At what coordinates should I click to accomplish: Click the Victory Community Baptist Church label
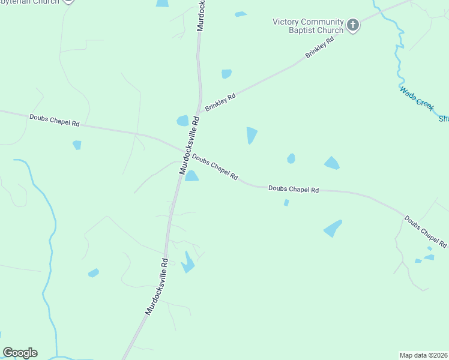307,26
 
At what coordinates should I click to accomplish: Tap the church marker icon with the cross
353,26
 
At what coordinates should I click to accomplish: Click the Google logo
20,352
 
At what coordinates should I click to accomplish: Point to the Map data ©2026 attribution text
423,355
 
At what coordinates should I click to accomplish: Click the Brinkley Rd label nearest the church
319,46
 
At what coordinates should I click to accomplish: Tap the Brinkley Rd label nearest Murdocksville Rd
220,102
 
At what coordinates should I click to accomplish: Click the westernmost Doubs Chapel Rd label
55,120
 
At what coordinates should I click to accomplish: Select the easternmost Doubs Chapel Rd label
426,232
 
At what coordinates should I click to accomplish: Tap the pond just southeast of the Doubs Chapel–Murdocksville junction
191,176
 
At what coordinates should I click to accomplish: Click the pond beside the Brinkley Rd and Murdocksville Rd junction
182,121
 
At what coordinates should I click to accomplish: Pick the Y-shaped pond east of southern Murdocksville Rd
188,262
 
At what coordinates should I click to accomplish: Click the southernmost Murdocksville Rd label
157,287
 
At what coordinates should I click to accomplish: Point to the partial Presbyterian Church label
30,2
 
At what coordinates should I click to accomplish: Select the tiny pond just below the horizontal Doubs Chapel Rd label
286,203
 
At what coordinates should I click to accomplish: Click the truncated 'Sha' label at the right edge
443,119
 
